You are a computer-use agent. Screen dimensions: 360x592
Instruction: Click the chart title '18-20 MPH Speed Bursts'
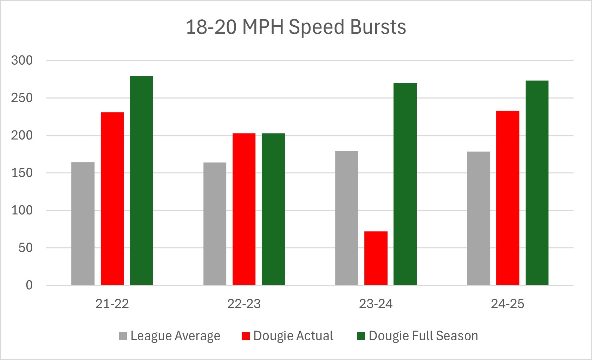pyautogui.click(x=296, y=27)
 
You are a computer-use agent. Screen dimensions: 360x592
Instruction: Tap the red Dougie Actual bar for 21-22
pyautogui.click(x=112, y=199)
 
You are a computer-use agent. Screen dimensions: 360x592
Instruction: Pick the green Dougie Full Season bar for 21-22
pyautogui.click(x=141, y=180)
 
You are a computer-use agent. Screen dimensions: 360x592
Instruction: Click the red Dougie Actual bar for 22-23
pyautogui.click(x=244, y=209)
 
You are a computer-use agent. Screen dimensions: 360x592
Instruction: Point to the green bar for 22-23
pyautogui.click(x=273, y=209)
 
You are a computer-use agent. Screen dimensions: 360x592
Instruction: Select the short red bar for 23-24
pyautogui.click(x=376, y=258)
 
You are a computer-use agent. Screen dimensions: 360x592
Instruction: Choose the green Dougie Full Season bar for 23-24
pyautogui.click(x=405, y=184)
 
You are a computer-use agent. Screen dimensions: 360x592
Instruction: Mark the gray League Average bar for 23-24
pyautogui.click(x=346, y=218)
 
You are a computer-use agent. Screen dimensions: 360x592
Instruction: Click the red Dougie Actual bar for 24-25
pyautogui.click(x=507, y=198)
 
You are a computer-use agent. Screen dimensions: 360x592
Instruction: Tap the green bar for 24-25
pyautogui.click(x=537, y=183)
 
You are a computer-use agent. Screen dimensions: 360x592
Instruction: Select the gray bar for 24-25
pyautogui.click(x=478, y=218)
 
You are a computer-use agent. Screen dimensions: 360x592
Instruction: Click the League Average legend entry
pyautogui.click(x=170, y=336)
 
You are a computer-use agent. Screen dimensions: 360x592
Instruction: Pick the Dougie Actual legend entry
pyautogui.click(x=288, y=336)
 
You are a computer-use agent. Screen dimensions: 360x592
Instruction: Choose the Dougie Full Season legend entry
pyautogui.click(x=418, y=336)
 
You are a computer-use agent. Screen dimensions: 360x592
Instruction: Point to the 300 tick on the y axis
pyautogui.click(x=22, y=60)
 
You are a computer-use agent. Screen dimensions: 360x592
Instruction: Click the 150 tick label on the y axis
pyautogui.click(x=22, y=173)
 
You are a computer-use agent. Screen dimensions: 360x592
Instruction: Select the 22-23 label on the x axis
pyautogui.click(x=244, y=304)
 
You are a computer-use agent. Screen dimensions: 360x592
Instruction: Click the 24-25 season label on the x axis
pyautogui.click(x=507, y=304)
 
